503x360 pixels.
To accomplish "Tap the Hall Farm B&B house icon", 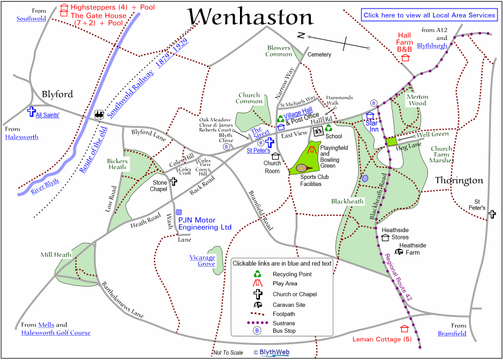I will [405, 58].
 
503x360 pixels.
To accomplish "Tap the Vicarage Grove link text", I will [202, 261].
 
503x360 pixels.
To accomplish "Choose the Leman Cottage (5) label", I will [382, 339].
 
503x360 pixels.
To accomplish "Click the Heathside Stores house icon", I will [385, 238].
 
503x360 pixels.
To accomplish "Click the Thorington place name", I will [459, 181].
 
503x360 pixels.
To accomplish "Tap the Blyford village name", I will [58, 94].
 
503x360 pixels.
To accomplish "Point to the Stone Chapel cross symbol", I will [173, 181].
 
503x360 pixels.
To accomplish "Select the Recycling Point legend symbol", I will [257, 274].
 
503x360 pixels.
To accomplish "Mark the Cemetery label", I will [319, 55].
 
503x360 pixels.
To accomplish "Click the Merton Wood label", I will [418, 100].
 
